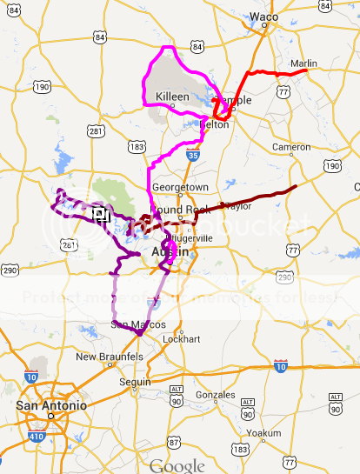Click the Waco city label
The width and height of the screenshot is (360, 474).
tap(263, 17)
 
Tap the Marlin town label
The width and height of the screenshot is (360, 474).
tap(305, 63)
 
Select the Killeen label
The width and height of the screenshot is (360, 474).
tap(171, 96)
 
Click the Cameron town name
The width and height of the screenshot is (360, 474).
tap(291, 147)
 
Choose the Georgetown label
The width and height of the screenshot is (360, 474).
tap(180, 187)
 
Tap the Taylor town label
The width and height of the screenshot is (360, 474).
tap(238, 206)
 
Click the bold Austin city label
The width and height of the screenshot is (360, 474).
tap(170, 251)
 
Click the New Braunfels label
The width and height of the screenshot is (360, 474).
tap(109, 357)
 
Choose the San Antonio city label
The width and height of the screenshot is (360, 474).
tap(51, 406)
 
